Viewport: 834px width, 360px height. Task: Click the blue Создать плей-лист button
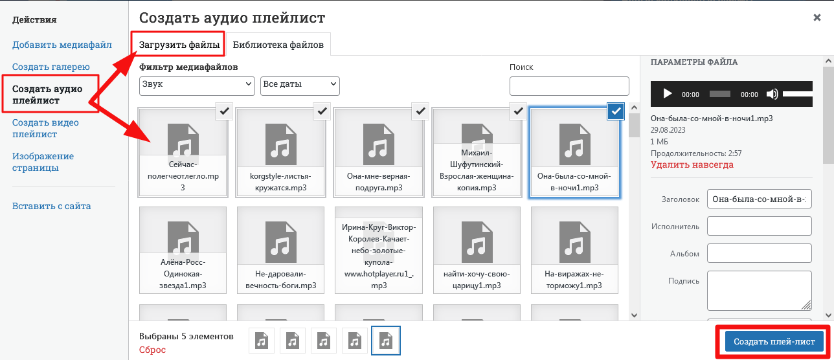pos(774,341)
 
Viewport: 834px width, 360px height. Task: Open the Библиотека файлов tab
pos(278,45)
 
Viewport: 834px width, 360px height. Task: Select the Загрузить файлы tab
pos(179,45)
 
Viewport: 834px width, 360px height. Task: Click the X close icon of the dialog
pos(817,17)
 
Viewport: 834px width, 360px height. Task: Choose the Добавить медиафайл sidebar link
pos(62,45)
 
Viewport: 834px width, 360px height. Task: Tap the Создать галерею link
pos(51,67)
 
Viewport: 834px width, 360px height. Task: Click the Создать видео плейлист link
pos(45,128)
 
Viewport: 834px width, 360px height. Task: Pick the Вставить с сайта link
pos(51,206)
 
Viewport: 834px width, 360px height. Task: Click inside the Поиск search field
pos(569,86)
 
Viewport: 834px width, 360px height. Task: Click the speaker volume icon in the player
pos(772,94)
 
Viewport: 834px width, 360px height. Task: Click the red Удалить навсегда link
pos(692,164)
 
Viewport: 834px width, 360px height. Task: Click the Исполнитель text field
pos(759,226)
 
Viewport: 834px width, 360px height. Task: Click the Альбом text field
pos(759,253)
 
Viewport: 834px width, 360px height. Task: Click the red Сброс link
pos(152,350)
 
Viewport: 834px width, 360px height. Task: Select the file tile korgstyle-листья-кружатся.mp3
pos(281,152)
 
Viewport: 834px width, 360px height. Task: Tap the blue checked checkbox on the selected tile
pos(616,111)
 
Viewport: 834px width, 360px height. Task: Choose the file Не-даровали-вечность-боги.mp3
pos(281,250)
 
